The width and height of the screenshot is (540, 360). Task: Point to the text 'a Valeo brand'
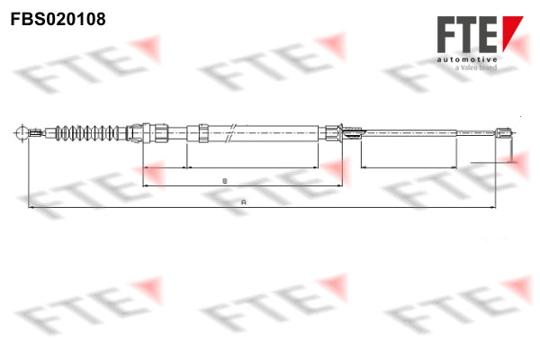(478, 68)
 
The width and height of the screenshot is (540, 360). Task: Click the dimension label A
(243, 202)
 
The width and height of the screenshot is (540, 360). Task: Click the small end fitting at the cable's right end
(506, 134)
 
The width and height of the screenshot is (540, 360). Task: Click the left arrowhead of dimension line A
(31, 208)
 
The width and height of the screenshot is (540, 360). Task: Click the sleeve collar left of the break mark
(204, 132)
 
